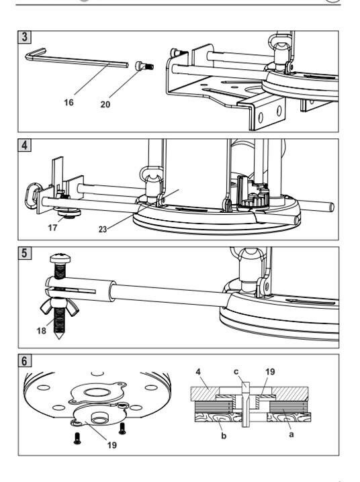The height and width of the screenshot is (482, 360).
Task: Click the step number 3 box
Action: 24,36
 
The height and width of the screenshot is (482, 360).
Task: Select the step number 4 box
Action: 24,145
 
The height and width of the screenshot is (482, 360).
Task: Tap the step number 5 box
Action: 24,253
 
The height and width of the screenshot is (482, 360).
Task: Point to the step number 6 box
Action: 24,361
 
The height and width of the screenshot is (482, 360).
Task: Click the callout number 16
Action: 69,102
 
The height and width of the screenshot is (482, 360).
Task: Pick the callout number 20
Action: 105,105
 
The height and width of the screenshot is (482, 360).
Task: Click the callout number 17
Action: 52,228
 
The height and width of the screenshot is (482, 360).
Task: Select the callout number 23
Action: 103,230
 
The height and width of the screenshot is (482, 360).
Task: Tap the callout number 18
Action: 41,331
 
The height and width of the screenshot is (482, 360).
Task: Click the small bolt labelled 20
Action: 144,66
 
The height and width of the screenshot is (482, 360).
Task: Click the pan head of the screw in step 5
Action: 60,258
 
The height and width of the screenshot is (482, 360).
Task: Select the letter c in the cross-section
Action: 236,372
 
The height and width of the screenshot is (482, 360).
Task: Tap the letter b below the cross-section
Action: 224,436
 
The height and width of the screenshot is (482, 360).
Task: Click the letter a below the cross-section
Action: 291,434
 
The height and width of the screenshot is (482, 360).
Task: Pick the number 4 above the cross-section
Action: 198,372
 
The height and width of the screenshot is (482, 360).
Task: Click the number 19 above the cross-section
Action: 269,372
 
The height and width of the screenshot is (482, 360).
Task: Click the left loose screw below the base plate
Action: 77,438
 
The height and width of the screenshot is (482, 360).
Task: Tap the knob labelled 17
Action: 69,213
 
